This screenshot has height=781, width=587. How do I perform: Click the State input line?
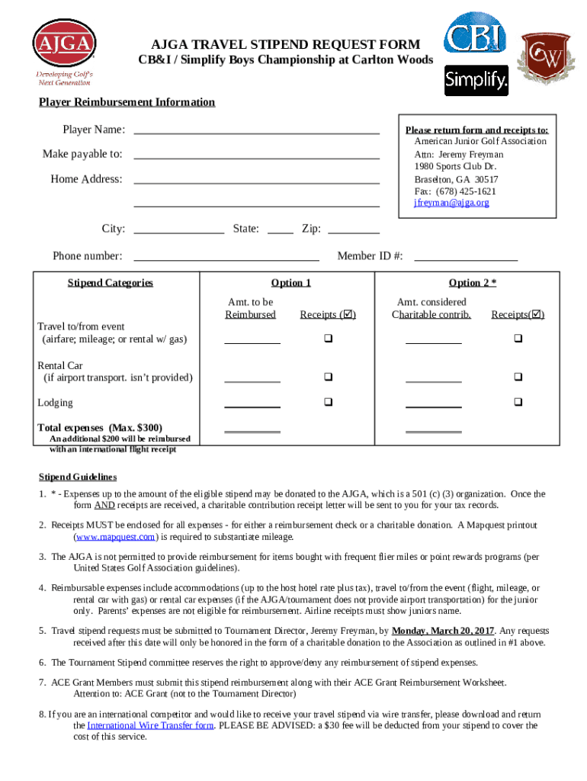pos(281,230)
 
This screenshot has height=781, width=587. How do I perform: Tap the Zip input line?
pos(353,230)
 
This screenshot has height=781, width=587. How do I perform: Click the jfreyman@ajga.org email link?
pos(451,203)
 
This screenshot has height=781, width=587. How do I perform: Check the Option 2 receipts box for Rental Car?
pos(518,377)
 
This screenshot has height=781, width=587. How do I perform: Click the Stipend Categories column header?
pos(110,283)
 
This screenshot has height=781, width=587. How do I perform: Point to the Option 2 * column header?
pos(472,283)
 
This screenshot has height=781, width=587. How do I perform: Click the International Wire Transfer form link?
pos(150,725)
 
